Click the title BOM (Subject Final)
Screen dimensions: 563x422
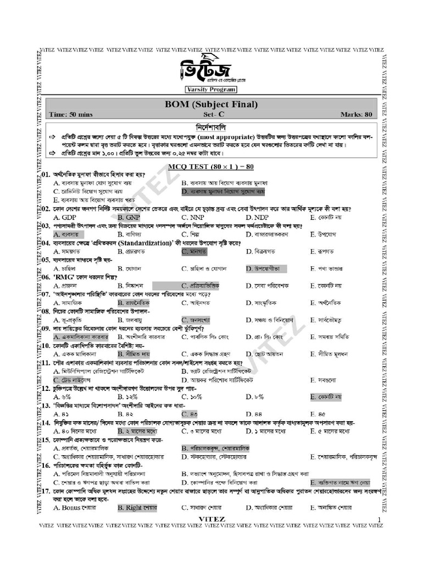tap(211, 104)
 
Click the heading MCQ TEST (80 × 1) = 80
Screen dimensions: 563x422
tap(211, 166)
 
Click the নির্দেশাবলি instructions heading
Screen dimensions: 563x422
tap(211, 127)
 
